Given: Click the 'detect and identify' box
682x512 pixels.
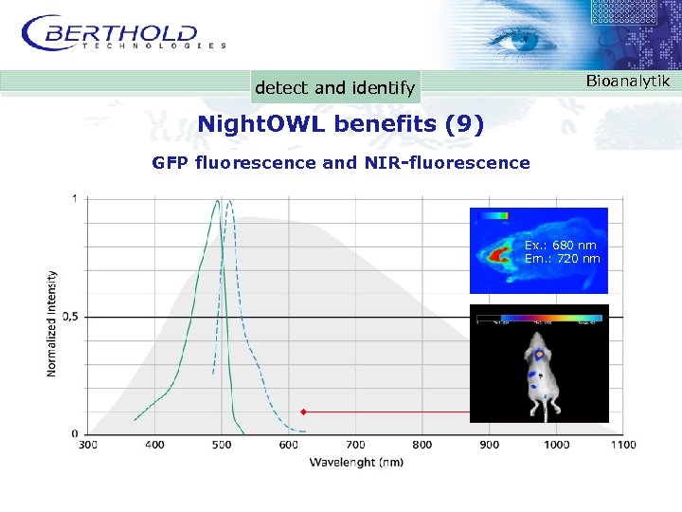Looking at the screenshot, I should pyautogui.click(x=334, y=88).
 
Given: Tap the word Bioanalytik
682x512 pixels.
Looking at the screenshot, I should pyautogui.click(x=627, y=82).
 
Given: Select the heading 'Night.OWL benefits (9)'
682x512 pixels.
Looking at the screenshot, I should pyautogui.click(x=340, y=124).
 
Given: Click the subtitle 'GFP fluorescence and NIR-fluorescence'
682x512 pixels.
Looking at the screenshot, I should pyautogui.click(x=341, y=162).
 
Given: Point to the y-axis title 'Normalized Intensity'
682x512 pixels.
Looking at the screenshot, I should pyautogui.click(x=52, y=322).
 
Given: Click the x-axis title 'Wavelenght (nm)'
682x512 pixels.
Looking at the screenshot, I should pyautogui.click(x=358, y=462).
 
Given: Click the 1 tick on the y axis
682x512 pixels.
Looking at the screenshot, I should pyautogui.click(x=75, y=199).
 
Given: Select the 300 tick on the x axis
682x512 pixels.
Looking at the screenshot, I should pyautogui.click(x=87, y=444).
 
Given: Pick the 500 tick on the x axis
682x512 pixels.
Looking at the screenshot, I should pyautogui.click(x=222, y=444).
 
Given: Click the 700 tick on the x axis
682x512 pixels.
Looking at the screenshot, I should pyautogui.click(x=355, y=444).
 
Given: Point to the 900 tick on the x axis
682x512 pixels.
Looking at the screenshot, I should pyautogui.click(x=489, y=444).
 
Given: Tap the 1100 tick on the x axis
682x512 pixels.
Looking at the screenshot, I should pyautogui.click(x=622, y=444).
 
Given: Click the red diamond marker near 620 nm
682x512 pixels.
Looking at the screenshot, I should pyautogui.click(x=302, y=412).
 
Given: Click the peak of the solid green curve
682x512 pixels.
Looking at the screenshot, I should pyautogui.click(x=218, y=200).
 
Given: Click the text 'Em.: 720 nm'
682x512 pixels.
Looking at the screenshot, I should pyautogui.click(x=562, y=258).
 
